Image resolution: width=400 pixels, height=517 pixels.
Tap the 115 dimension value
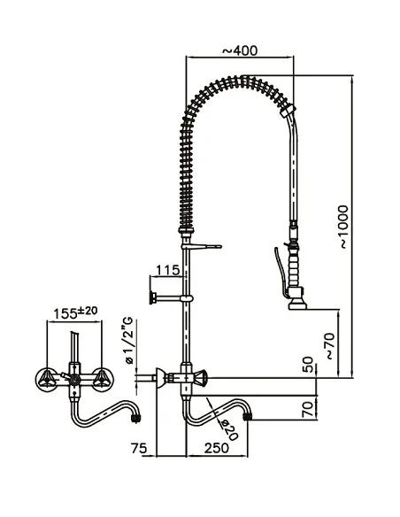tap(169, 269)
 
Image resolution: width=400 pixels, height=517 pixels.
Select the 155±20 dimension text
tap(74, 313)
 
